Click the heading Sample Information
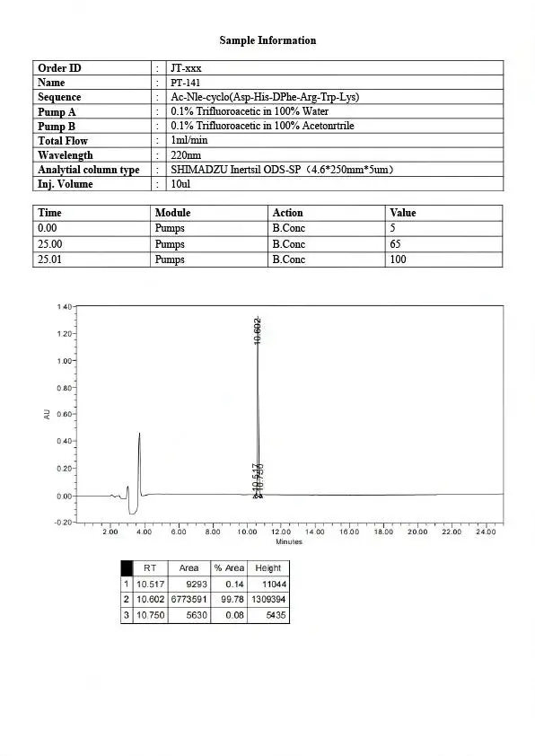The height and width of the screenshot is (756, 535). (267, 40)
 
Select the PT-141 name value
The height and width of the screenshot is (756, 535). (186, 83)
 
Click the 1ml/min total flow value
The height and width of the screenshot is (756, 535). (189, 140)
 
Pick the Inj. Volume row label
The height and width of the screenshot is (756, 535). (65, 184)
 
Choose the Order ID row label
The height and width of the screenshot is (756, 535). (59, 68)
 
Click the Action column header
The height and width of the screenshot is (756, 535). (287, 213)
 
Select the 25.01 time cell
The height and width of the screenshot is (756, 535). (49, 259)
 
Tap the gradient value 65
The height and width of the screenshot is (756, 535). (395, 244)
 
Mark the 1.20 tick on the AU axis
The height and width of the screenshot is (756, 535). (65, 334)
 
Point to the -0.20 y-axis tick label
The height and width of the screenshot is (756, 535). (64, 523)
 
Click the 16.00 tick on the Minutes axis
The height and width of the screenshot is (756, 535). (349, 532)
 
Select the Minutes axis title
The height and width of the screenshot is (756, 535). (289, 541)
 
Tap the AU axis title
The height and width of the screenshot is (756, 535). (47, 414)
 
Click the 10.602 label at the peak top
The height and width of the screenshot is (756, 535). (258, 330)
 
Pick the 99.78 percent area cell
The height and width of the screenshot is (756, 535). (228, 599)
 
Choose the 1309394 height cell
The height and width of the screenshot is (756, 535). (267, 599)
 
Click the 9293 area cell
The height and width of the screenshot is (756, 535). (189, 584)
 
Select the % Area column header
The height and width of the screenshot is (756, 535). (228, 567)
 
